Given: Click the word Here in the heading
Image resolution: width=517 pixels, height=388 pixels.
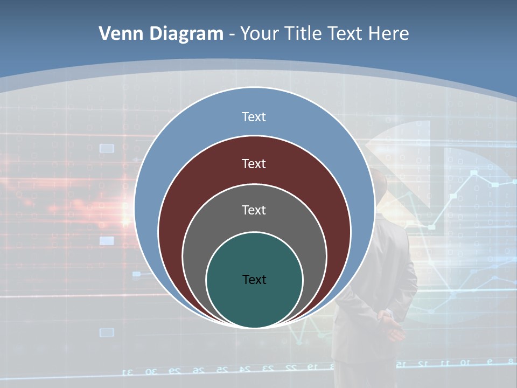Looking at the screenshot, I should (x=388, y=34).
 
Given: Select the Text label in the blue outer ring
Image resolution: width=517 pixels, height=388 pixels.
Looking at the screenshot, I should (x=254, y=117).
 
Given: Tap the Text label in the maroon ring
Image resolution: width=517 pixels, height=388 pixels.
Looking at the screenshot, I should (x=254, y=163).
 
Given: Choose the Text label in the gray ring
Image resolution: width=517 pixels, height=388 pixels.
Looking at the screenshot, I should (x=254, y=210).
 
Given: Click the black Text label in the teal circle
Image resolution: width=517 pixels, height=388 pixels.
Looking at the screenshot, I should (x=254, y=279).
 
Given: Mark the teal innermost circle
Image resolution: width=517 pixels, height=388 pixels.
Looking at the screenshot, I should (x=254, y=302).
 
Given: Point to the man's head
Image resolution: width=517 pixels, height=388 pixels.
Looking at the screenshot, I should (x=380, y=186).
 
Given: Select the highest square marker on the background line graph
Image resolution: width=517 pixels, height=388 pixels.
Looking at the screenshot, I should (x=474, y=173).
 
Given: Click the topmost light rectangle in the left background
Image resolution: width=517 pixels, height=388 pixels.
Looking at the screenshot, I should (x=107, y=148).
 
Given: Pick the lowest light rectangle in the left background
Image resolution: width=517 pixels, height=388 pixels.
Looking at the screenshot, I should (x=107, y=332).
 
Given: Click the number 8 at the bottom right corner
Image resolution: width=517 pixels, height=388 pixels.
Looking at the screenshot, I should (x=511, y=361).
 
